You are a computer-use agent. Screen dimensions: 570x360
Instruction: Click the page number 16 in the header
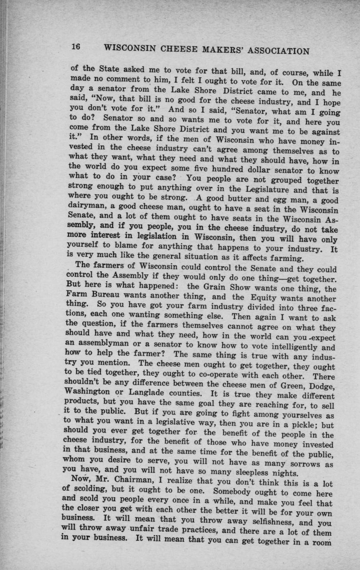76,47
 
